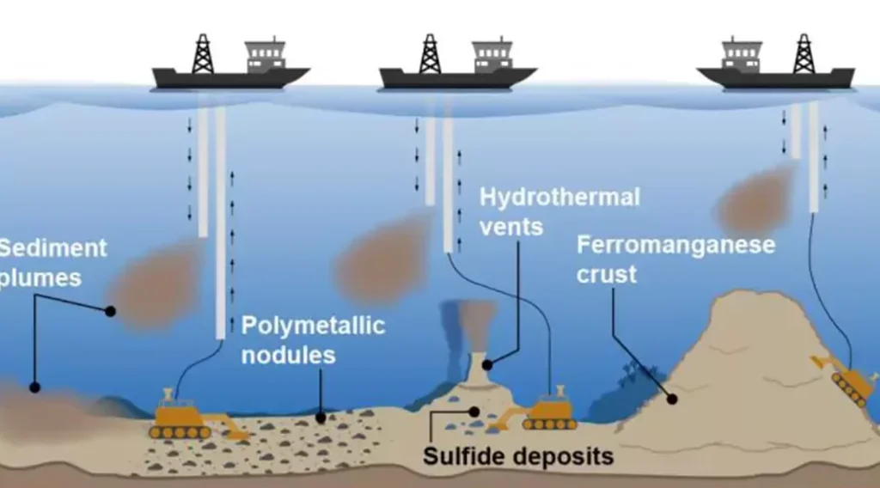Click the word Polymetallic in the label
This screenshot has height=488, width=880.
pos(313,326)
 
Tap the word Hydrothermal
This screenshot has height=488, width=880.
pos(559,197)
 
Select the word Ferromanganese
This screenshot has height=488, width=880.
pos(675,245)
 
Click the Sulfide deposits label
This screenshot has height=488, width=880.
pos(518,455)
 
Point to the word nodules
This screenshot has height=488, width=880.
pos(288,356)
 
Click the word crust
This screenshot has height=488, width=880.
pos(607,274)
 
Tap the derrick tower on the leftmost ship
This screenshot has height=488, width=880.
pos(202,53)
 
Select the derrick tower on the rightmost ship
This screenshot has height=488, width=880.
pos(804,53)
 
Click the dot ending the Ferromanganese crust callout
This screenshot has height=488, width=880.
pos(672,399)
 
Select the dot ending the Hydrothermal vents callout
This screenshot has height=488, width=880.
pos(486,364)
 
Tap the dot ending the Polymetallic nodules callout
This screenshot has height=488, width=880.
pos(321,418)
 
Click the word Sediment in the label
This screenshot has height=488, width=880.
pos(52,249)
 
